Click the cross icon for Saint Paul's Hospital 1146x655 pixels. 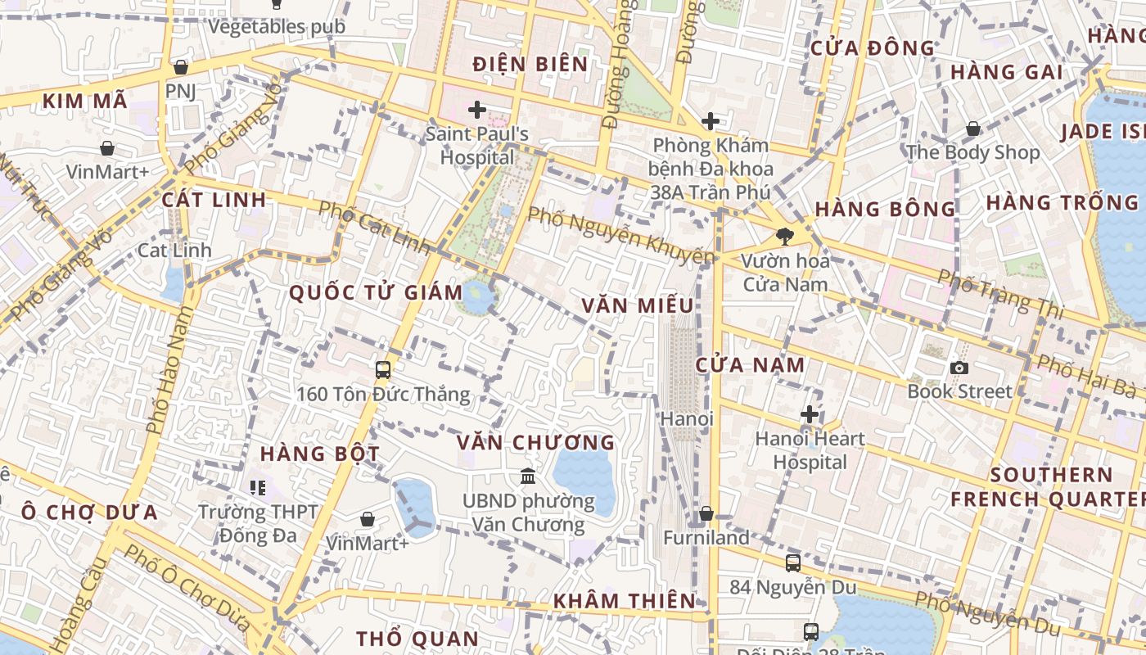[x=476, y=109]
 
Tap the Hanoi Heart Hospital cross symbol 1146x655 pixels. [x=810, y=414]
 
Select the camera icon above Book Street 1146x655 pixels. [x=959, y=368]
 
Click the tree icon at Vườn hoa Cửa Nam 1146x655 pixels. [x=785, y=237]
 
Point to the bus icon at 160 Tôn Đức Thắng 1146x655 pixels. [x=382, y=370]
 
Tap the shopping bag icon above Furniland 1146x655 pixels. [x=706, y=513]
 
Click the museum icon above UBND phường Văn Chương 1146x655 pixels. [x=528, y=476]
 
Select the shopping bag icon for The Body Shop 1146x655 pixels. [x=972, y=129]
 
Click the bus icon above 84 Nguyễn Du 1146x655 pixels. [x=792, y=562]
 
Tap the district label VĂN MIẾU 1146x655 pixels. [x=638, y=305]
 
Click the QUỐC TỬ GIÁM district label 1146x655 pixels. [x=376, y=292]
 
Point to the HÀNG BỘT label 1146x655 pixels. [x=320, y=454]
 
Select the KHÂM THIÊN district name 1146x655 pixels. [x=624, y=601]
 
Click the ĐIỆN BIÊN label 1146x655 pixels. [x=530, y=64]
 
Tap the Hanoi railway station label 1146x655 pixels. [x=687, y=418]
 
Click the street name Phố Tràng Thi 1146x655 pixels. [x=1000, y=294]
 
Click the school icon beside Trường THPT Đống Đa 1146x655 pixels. [x=258, y=489]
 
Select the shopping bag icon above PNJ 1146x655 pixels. [x=180, y=67]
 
